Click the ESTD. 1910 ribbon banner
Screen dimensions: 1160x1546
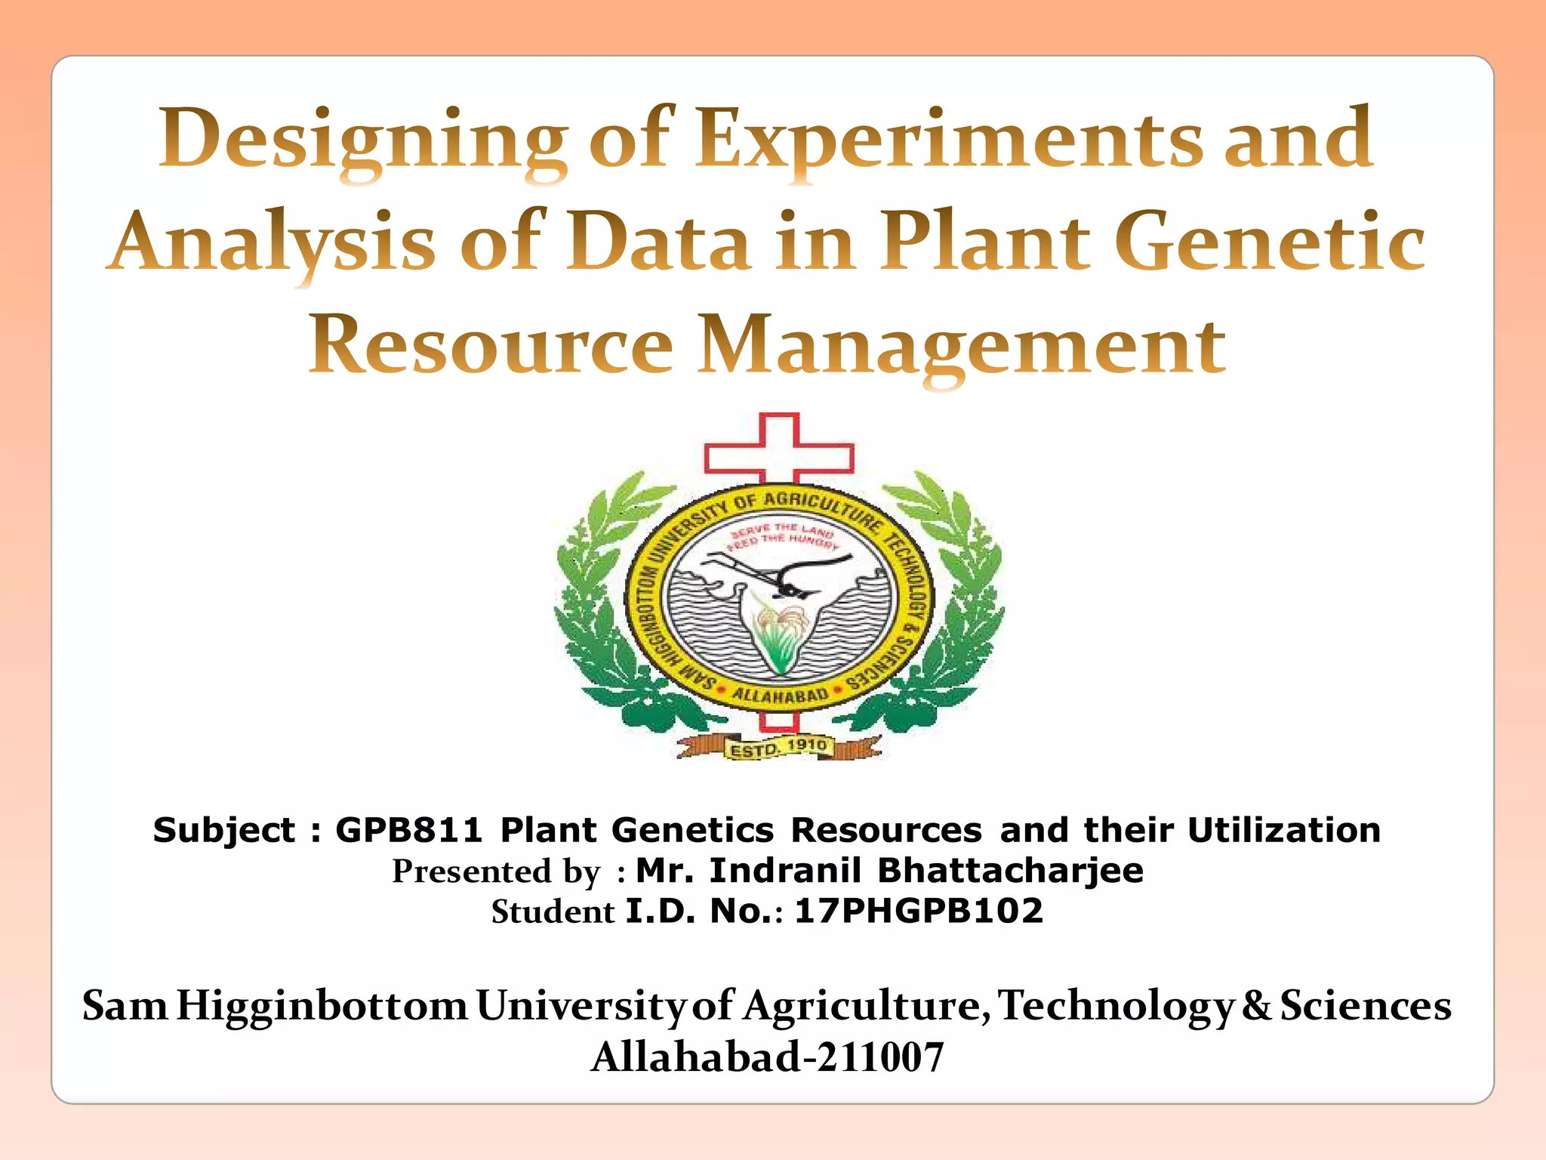coord(778,748)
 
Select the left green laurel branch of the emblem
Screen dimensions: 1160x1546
coord(604,604)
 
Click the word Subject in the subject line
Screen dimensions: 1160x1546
coord(223,830)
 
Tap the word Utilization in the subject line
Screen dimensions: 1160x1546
coord(1284,830)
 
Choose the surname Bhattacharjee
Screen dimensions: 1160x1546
coord(1010,870)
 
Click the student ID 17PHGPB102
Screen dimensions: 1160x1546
coord(919,911)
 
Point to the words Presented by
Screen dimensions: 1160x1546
coord(496,872)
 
